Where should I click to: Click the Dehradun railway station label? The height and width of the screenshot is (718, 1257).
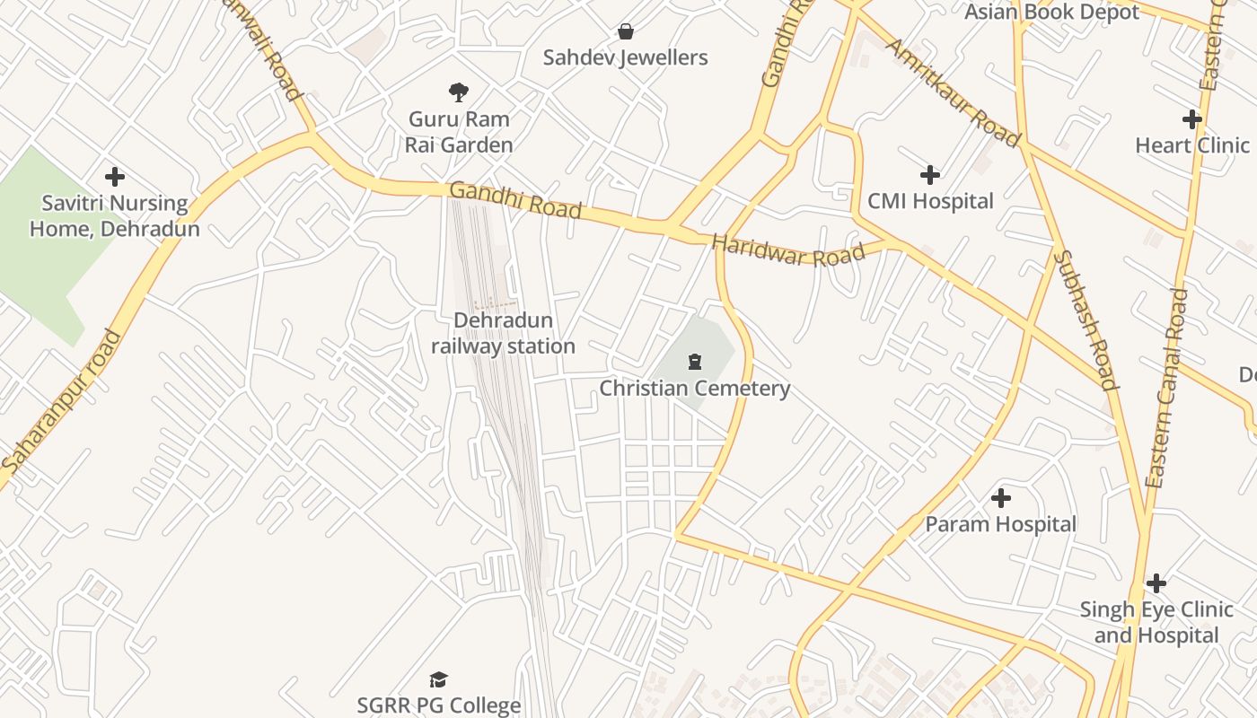(x=503, y=333)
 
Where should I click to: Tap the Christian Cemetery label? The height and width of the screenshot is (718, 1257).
(x=694, y=388)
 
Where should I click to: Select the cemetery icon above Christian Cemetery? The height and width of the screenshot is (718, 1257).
(x=694, y=362)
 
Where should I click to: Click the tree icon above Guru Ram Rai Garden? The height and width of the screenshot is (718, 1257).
(x=459, y=92)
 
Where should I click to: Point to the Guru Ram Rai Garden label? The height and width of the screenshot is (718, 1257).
(x=459, y=132)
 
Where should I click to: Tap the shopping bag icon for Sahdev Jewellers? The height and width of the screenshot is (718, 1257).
(x=626, y=32)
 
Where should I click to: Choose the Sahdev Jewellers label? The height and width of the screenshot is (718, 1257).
(x=626, y=57)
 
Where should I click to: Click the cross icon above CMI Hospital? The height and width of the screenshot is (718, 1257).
(x=930, y=174)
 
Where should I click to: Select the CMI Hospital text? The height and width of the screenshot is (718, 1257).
(x=930, y=201)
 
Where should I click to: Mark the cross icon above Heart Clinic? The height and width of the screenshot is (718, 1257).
(x=1192, y=118)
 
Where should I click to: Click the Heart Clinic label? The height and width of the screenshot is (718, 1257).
(x=1192, y=145)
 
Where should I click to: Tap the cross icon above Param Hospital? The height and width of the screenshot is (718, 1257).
(x=1001, y=497)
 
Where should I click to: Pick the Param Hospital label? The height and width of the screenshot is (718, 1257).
(x=1001, y=524)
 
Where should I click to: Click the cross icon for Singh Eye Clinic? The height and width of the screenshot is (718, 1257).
(x=1156, y=583)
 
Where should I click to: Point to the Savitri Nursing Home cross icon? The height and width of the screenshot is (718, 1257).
(x=115, y=177)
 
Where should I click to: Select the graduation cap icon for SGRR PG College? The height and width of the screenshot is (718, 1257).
(x=438, y=679)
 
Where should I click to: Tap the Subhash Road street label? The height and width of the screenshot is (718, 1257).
(x=1086, y=320)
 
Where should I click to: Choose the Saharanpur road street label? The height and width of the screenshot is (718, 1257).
(x=61, y=402)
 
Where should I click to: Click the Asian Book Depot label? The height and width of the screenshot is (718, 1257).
(x=1051, y=12)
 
